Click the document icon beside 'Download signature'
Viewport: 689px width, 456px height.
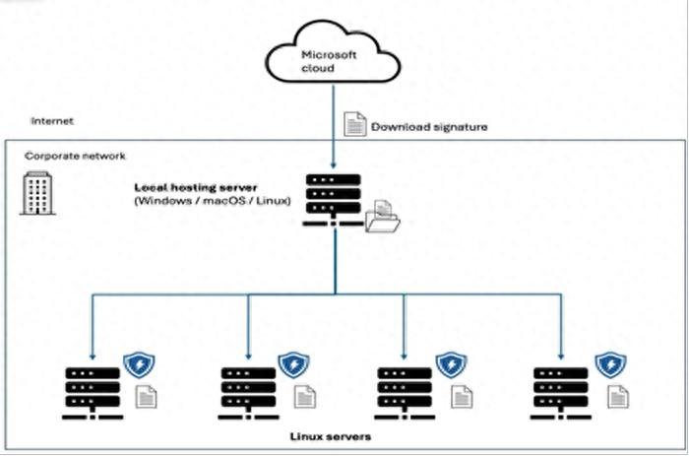tap(353, 124)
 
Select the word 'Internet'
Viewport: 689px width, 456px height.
tap(52, 121)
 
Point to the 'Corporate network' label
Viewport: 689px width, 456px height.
tap(75, 156)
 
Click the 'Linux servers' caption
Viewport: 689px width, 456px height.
tap(331, 434)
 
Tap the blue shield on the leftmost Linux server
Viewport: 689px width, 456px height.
tap(137, 365)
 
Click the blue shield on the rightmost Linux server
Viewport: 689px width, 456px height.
tap(610, 365)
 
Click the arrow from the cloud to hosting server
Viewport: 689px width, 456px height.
tap(335, 128)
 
